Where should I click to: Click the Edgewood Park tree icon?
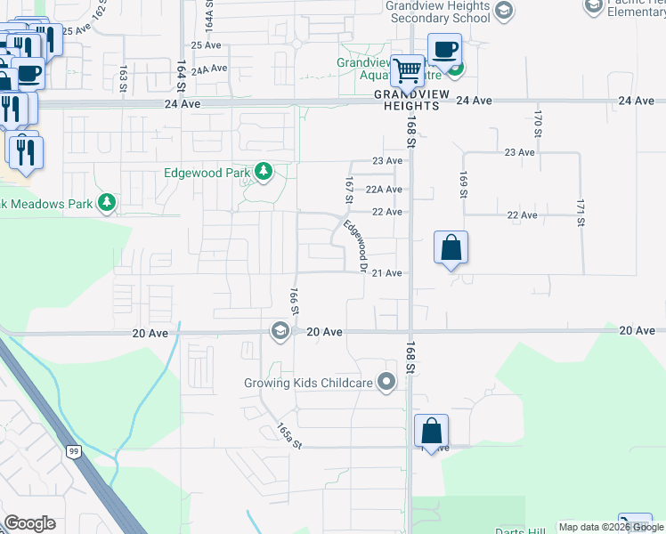click(x=263, y=170)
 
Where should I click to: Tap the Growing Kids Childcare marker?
click(x=386, y=383)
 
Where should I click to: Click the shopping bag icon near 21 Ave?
click(x=451, y=247)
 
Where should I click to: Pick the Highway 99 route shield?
click(x=72, y=451)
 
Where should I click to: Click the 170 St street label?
click(x=538, y=123)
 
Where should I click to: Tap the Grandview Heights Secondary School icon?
click(x=504, y=11)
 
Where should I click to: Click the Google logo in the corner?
click(x=29, y=523)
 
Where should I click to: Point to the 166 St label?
click(x=293, y=300)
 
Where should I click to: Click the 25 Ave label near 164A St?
click(x=206, y=44)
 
